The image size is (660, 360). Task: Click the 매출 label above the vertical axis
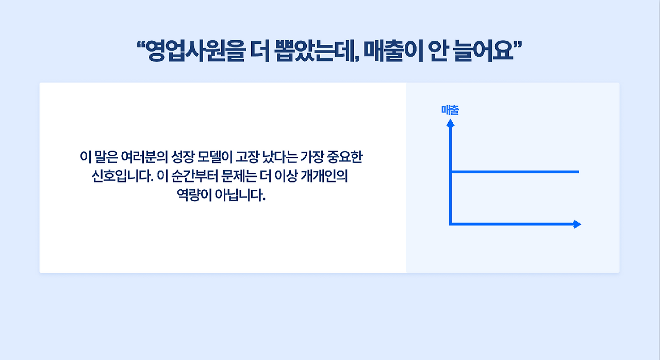(450, 110)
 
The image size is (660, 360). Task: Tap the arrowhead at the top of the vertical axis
(450, 123)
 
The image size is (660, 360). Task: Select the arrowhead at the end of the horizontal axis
(577, 224)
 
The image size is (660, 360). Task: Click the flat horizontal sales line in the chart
(516, 171)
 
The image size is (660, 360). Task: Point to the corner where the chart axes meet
(451, 224)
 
